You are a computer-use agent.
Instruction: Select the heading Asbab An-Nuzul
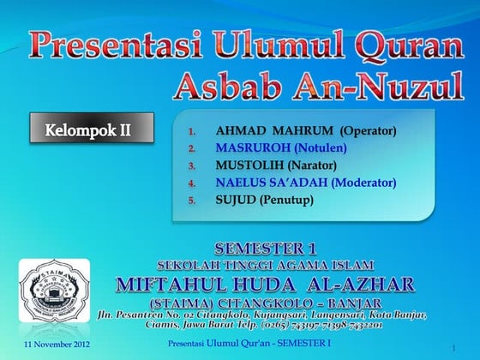tap(318, 86)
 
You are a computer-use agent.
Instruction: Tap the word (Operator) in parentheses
tap(368, 132)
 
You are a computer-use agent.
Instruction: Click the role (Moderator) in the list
tap(363, 183)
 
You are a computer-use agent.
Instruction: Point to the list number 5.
tap(193, 201)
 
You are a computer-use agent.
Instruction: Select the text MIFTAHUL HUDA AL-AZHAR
tap(266, 284)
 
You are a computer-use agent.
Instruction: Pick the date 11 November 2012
tap(51, 345)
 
